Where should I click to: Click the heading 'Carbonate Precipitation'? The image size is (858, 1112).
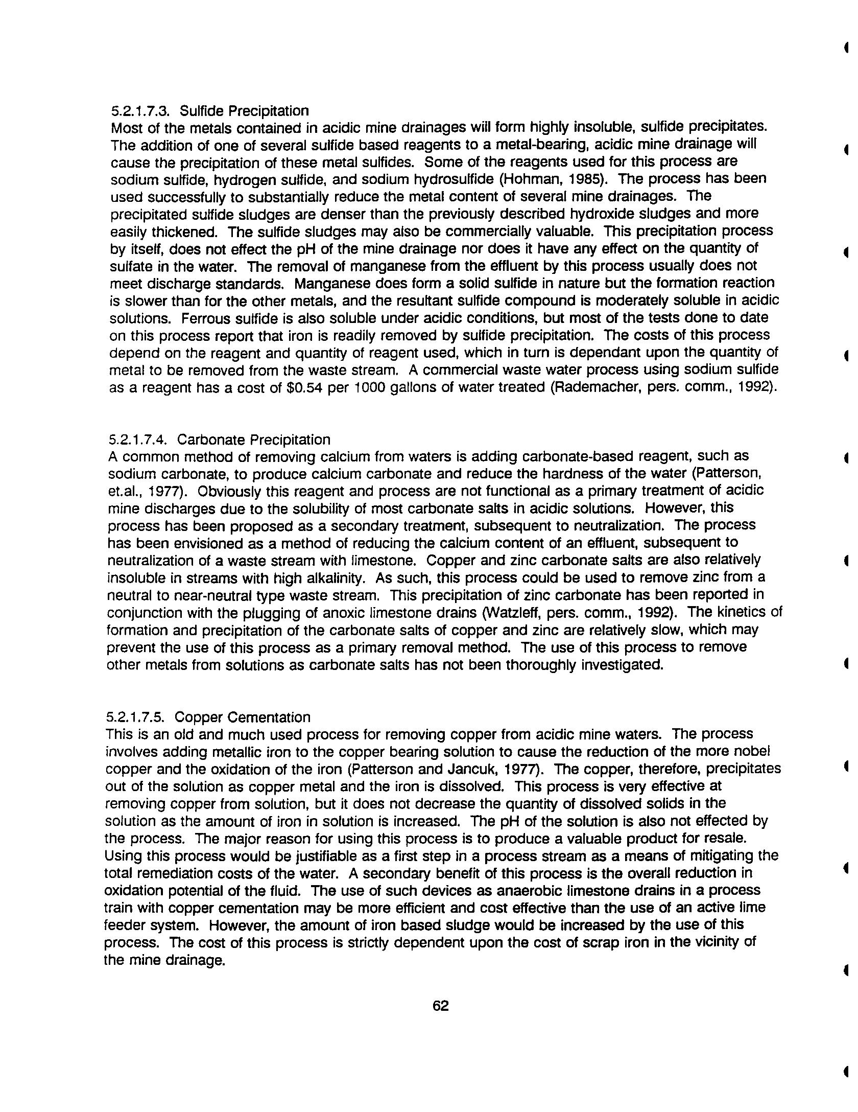coord(254,439)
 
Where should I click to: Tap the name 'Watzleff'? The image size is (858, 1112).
coord(519,613)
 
